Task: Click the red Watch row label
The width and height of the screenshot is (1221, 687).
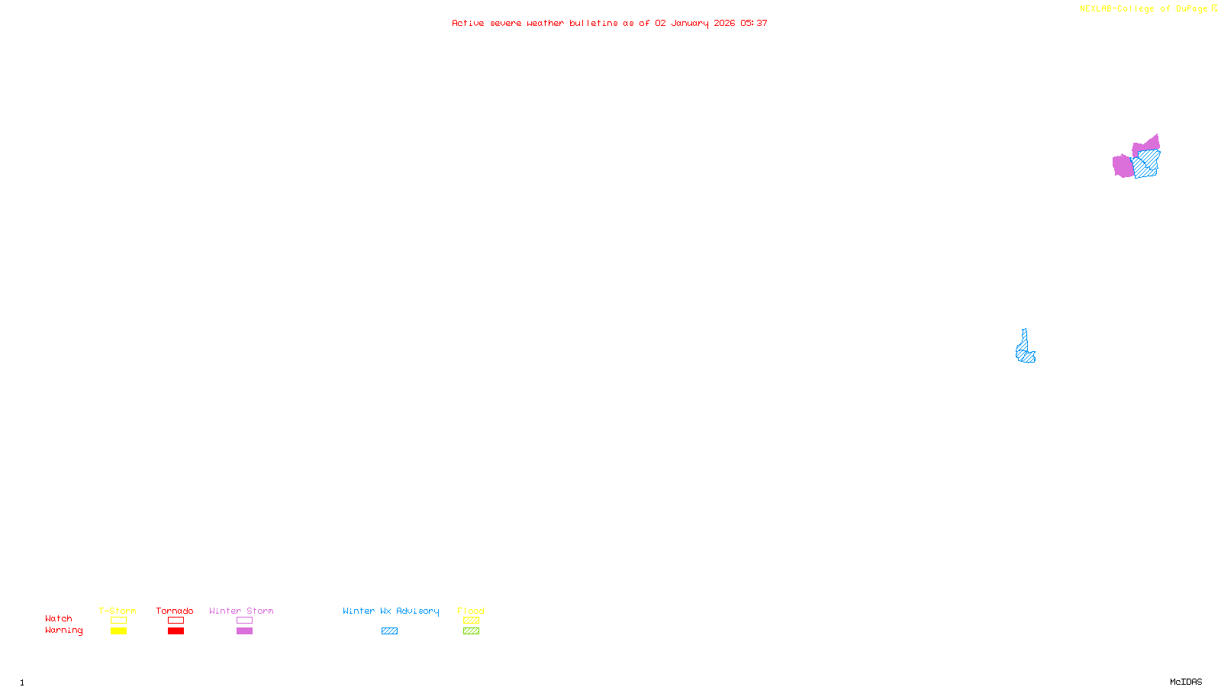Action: click(59, 619)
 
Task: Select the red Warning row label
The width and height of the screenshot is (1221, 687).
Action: click(63, 631)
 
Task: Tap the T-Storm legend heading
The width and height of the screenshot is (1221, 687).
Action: click(118, 611)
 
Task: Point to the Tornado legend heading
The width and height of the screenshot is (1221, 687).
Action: click(175, 611)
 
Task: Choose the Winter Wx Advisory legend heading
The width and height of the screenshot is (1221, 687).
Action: click(391, 611)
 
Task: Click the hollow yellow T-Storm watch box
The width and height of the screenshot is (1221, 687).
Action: click(118, 621)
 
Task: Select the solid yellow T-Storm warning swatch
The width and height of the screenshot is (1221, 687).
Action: click(118, 631)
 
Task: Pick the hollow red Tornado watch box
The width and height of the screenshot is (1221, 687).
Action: click(176, 621)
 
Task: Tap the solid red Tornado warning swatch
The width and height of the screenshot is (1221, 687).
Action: click(176, 631)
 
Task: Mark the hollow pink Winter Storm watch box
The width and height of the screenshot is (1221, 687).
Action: click(244, 621)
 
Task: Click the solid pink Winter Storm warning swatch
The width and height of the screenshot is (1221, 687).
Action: click(244, 631)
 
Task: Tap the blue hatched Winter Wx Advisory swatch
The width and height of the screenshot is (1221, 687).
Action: click(389, 631)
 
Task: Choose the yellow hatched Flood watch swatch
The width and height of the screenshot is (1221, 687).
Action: click(471, 621)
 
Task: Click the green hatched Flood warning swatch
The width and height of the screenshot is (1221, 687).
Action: click(471, 631)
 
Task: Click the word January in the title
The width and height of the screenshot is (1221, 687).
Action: click(690, 24)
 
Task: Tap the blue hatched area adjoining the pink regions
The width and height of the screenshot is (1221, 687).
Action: click(1146, 164)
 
